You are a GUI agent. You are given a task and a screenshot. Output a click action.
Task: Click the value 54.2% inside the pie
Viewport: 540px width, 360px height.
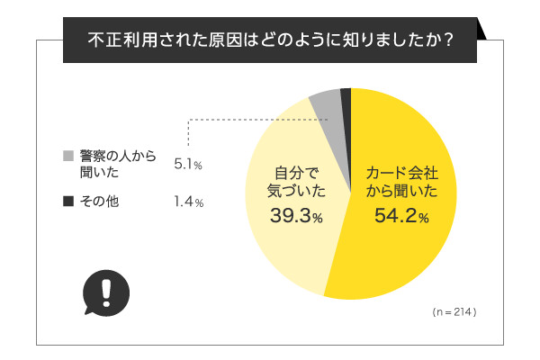401,216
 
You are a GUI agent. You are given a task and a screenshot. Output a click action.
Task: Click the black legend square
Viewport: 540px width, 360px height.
67,202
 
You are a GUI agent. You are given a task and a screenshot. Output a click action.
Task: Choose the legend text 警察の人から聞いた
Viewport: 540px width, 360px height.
117,164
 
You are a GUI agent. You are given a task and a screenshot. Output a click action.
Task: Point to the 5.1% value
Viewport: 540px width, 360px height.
188,165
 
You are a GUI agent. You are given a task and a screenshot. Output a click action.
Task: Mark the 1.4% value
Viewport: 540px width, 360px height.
188,202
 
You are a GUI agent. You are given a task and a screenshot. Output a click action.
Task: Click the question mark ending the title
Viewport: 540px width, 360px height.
446,41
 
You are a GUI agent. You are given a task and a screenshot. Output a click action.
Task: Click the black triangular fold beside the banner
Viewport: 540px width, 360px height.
487,32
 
